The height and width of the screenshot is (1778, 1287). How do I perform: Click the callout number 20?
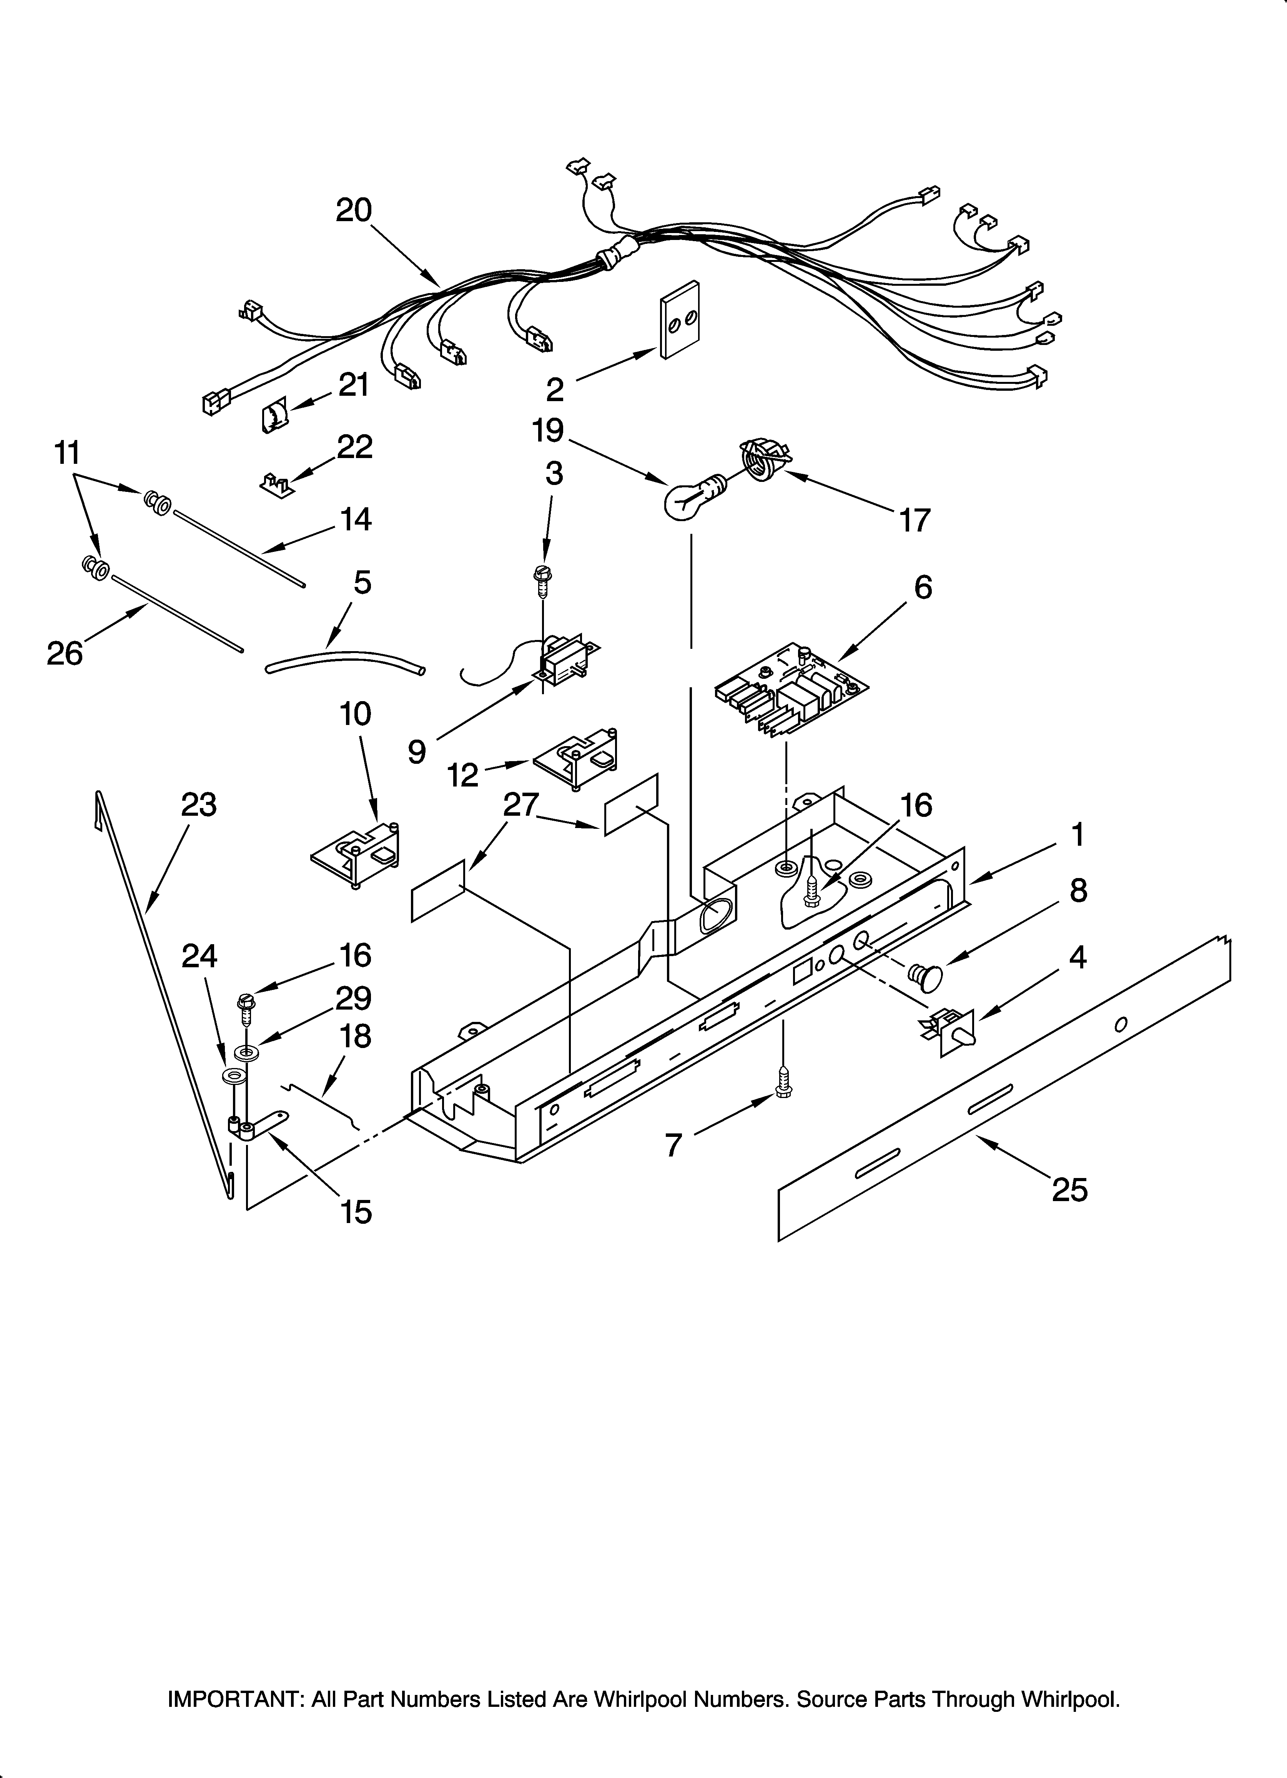pos(354,210)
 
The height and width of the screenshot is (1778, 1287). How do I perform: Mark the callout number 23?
pos(198,805)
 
